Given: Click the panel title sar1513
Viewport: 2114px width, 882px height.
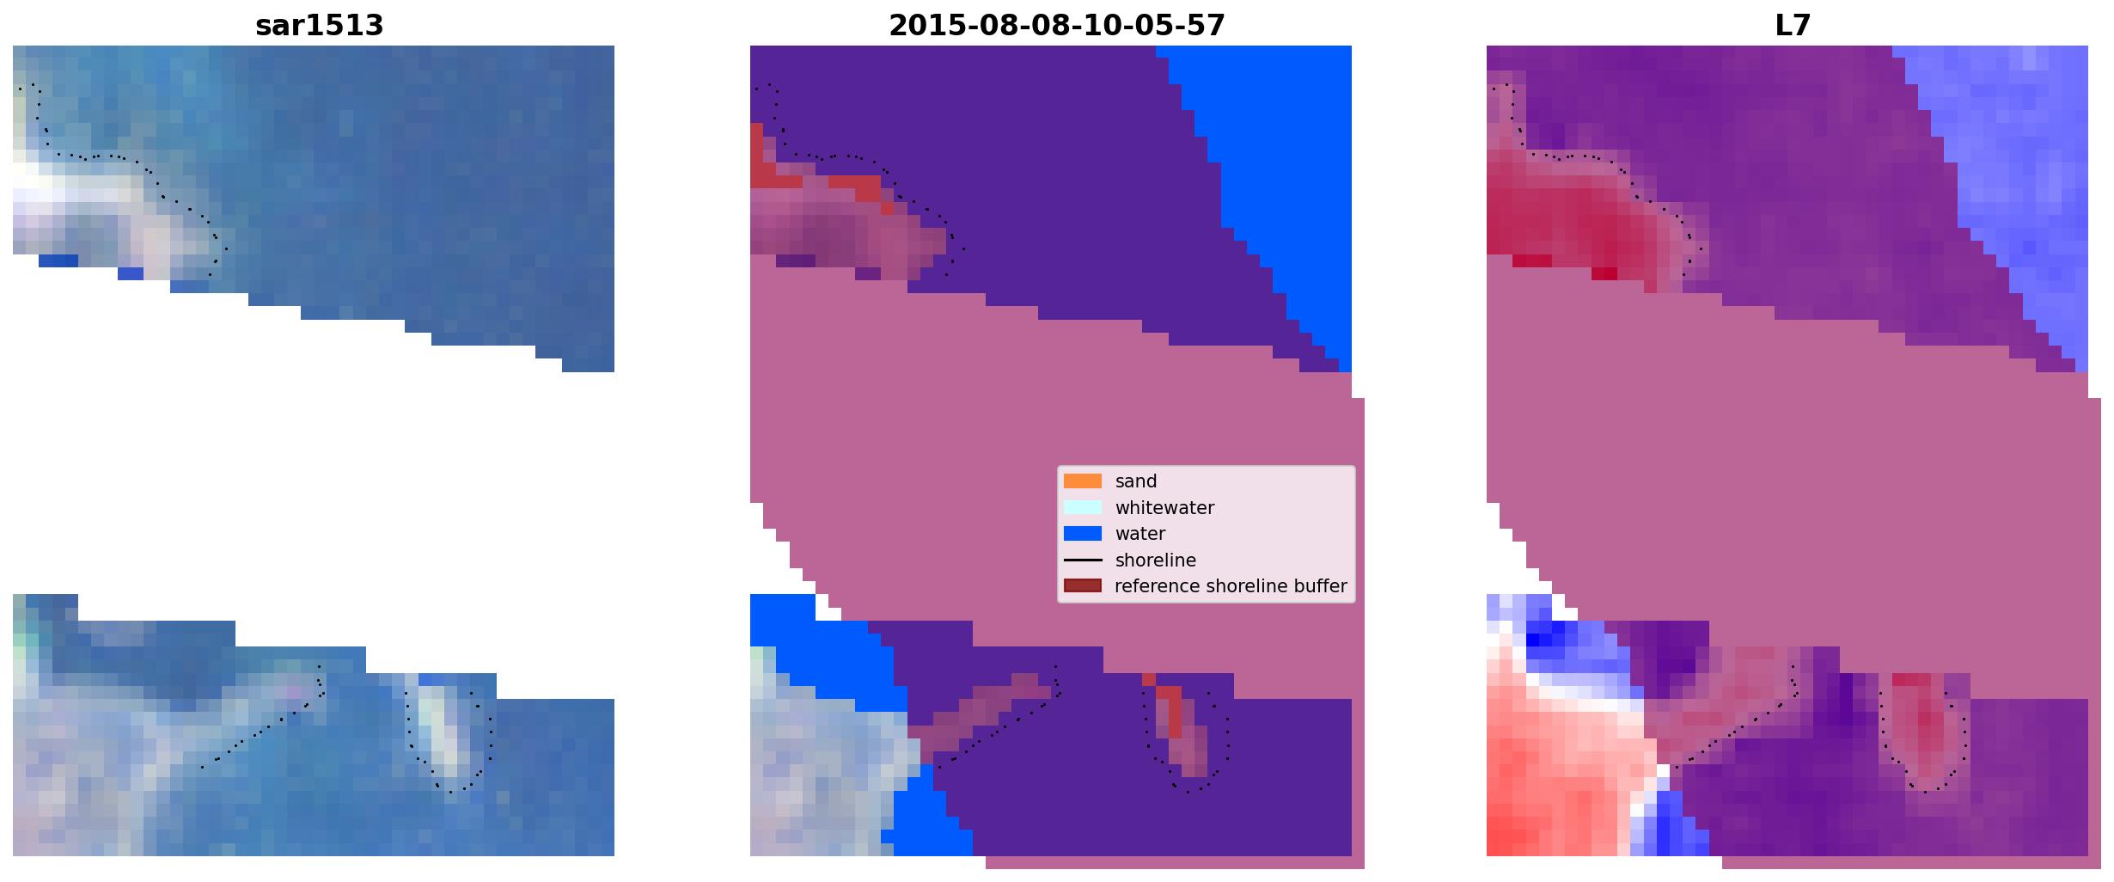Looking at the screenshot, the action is point(319,26).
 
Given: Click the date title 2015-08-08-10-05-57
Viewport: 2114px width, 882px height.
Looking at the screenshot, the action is point(1056,26).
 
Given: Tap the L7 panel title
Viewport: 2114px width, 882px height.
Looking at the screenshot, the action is point(1793,26).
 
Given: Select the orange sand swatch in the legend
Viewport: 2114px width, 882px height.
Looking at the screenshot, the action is point(1083,481).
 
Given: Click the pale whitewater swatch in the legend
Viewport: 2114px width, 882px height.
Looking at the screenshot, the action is point(1083,507).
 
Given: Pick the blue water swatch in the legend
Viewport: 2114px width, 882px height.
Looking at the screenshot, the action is point(1083,534).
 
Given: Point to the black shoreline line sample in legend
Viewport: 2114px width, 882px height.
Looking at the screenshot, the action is point(1083,560).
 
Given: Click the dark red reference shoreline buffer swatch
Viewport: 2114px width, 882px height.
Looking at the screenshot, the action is point(1083,586).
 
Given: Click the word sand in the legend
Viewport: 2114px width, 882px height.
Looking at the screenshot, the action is point(1136,481).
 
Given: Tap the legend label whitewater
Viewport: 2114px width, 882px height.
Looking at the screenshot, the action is point(1164,508).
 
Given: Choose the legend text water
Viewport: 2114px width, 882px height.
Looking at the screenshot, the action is point(1140,534).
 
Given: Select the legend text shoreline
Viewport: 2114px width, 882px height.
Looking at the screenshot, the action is point(1156,560).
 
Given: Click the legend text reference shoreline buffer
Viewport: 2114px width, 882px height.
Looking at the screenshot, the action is point(1231,586).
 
